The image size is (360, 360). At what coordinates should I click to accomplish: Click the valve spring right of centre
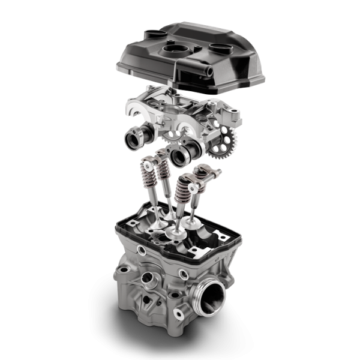pyautogui.click(x=184, y=193)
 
